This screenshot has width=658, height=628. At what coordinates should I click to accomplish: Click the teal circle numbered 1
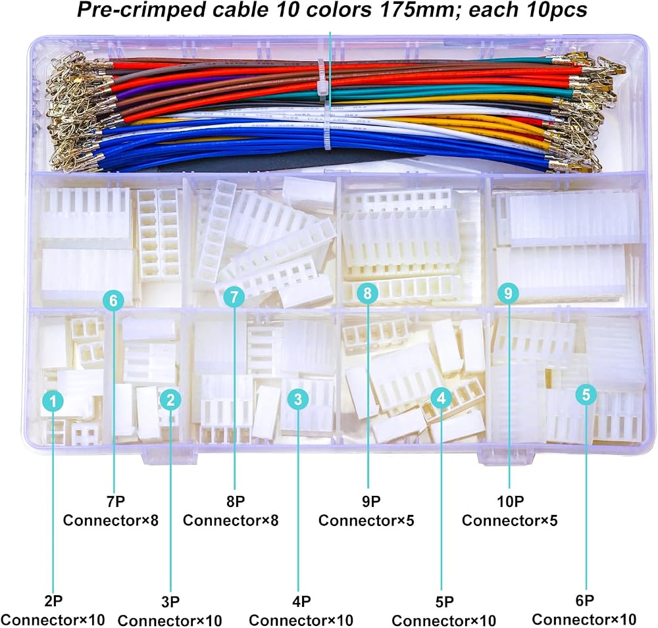pyautogui.click(x=53, y=401)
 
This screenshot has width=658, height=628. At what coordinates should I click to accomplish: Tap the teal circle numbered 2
pyautogui.click(x=170, y=399)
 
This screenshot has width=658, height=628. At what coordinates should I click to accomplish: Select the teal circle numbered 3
pyautogui.click(x=298, y=399)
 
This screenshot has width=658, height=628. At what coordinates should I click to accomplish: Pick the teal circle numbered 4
pyautogui.click(x=441, y=398)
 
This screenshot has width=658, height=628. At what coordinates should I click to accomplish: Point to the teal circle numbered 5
pyautogui.click(x=586, y=395)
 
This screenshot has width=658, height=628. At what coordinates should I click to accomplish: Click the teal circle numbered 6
pyautogui.click(x=113, y=300)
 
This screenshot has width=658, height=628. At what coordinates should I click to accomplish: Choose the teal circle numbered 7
pyautogui.click(x=234, y=297)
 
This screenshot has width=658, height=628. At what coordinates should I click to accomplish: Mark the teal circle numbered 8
pyautogui.click(x=368, y=293)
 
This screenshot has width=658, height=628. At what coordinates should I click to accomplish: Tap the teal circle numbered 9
pyautogui.click(x=508, y=293)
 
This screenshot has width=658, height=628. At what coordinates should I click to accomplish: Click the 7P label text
pyautogui.click(x=115, y=501)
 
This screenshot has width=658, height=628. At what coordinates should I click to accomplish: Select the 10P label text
pyautogui.click(x=511, y=501)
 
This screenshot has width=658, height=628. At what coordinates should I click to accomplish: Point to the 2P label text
pyautogui.click(x=53, y=601)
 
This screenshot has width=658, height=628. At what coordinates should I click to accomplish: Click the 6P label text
pyautogui.click(x=584, y=601)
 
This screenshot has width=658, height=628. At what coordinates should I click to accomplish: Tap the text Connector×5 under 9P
pyautogui.click(x=367, y=521)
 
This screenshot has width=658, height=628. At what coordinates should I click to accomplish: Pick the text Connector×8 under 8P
pyautogui.click(x=231, y=521)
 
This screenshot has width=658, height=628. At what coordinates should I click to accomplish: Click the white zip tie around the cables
pyautogui.click(x=323, y=105)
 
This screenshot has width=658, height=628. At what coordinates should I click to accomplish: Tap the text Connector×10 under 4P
pyautogui.click(x=301, y=620)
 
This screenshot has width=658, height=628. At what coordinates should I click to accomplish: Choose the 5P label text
pyautogui.click(x=444, y=602)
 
